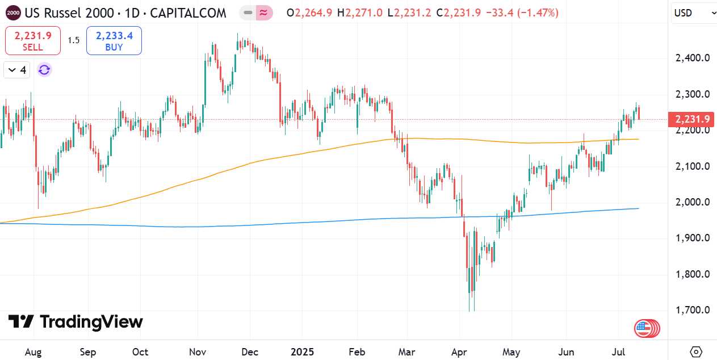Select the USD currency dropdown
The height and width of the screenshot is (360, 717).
[x=694, y=13]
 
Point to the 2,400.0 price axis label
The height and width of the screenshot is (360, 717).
[x=693, y=58]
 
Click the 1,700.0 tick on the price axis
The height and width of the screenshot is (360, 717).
[x=693, y=310]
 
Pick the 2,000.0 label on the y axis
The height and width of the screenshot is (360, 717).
[x=693, y=202]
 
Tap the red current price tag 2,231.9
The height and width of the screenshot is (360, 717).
[x=691, y=119]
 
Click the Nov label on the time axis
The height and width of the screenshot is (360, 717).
[x=198, y=352]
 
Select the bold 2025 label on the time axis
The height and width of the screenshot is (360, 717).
[x=302, y=352]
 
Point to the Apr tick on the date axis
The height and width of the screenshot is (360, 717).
[x=459, y=352]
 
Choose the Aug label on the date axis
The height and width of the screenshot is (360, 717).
[x=33, y=352]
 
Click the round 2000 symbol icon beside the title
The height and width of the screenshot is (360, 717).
[x=13, y=13]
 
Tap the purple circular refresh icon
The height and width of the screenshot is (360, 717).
[x=44, y=70]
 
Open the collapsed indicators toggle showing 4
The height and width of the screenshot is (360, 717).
[x=17, y=70]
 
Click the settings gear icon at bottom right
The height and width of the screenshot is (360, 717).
[x=696, y=351]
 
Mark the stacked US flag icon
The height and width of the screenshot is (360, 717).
[x=647, y=328]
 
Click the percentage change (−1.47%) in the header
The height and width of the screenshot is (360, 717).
[x=538, y=13]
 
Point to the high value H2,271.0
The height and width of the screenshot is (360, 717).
[x=360, y=13]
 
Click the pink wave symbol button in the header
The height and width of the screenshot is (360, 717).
[x=264, y=13]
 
